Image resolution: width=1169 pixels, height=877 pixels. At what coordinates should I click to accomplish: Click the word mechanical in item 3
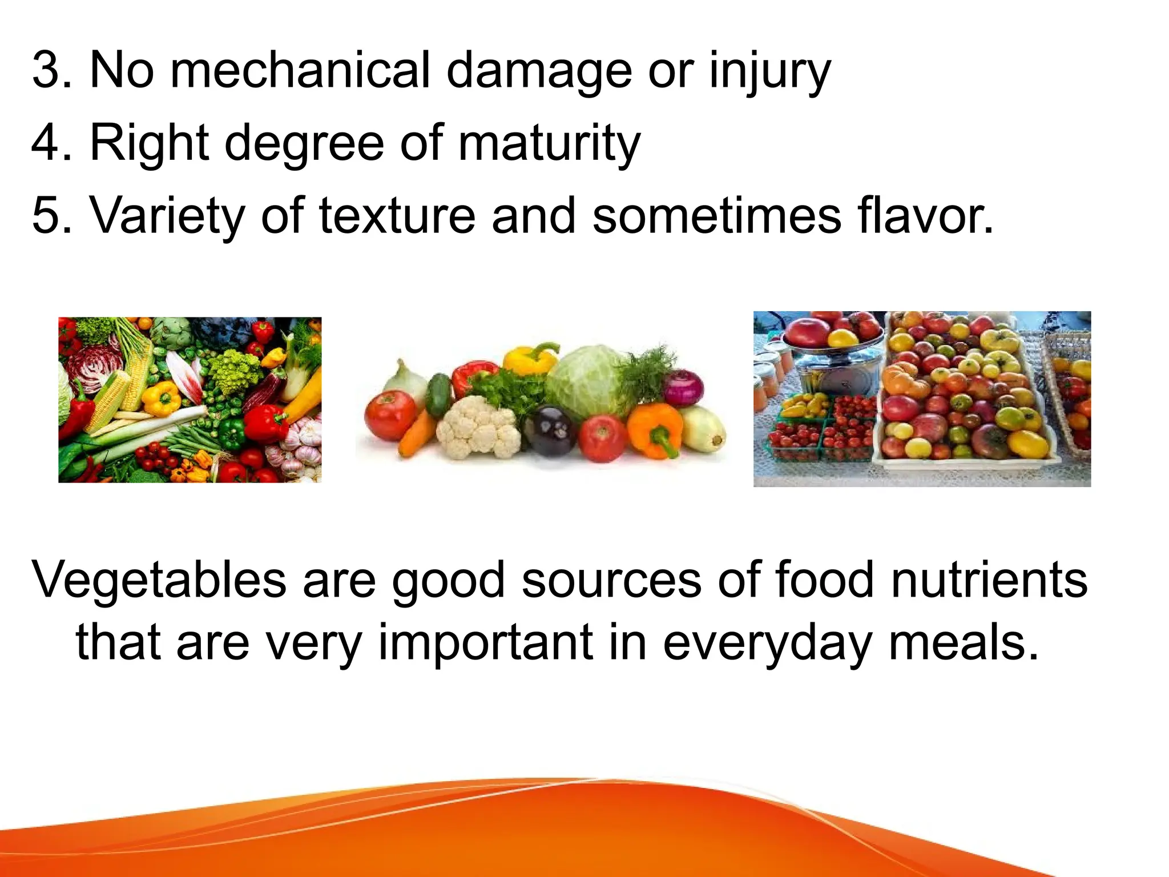click(x=300, y=71)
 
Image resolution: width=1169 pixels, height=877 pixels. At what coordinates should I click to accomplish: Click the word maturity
click(x=549, y=144)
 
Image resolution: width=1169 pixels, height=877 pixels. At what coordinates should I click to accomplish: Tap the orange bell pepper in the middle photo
click(x=655, y=428)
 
